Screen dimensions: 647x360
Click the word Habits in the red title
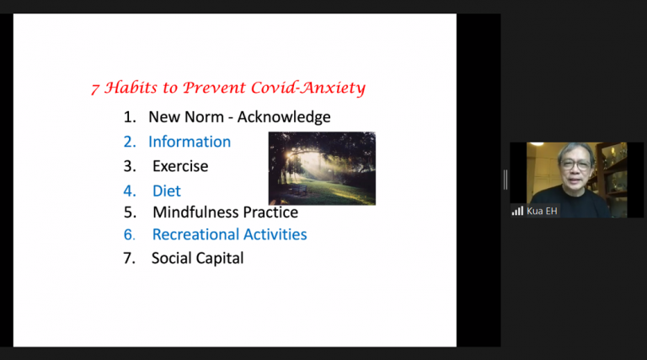[x=131, y=88]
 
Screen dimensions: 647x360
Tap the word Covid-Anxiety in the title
[x=308, y=88]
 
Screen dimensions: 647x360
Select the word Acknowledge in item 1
[x=284, y=117]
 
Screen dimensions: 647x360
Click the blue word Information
[x=190, y=142]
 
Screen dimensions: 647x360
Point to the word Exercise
[x=180, y=166]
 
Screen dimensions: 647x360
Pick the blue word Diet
[x=167, y=191]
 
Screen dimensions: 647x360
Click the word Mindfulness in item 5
[x=196, y=212]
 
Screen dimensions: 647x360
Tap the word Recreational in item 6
[x=195, y=234]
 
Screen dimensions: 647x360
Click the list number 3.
[x=130, y=166]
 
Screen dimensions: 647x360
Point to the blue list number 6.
[x=129, y=235]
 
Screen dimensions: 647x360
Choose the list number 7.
[x=129, y=259]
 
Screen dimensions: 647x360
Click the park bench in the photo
[x=298, y=190]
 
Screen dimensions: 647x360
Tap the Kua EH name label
[x=542, y=212]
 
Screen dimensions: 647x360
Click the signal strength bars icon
[x=517, y=211]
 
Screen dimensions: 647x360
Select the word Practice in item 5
[x=270, y=212]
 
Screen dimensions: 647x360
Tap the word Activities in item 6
[x=275, y=234]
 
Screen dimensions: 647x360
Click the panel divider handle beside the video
[x=505, y=180]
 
